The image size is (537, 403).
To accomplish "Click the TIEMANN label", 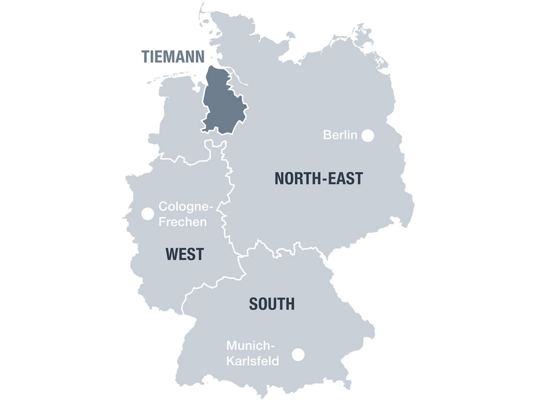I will pyautogui.click(x=172, y=56).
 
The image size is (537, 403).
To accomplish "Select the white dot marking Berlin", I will pyautogui.click(x=368, y=135).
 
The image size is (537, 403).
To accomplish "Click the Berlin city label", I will pyautogui.click(x=340, y=135).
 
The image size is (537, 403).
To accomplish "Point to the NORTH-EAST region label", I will pyautogui.click(x=318, y=179).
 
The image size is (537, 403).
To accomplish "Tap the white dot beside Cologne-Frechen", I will pyautogui.click(x=147, y=214).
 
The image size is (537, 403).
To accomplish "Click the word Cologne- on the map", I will pyautogui.click(x=186, y=207).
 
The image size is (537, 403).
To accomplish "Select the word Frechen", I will pyautogui.click(x=182, y=222).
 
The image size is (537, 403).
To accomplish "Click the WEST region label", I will pyautogui.click(x=185, y=254).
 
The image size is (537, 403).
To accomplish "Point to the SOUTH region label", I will pyautogui.click(x=271, y=304).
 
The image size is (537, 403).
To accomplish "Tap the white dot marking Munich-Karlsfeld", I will pyautogui.click(x=298, y=354).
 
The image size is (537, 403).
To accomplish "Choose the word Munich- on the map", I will pyautogui.click(x=250, y=346).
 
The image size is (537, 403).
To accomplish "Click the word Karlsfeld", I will pyautogui.click(x=253, y=361).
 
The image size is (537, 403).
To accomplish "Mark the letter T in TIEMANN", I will pyautogui.click(x=145, y=56).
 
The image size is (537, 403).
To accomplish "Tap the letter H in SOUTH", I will pyautogui.click(x=289, y=304).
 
